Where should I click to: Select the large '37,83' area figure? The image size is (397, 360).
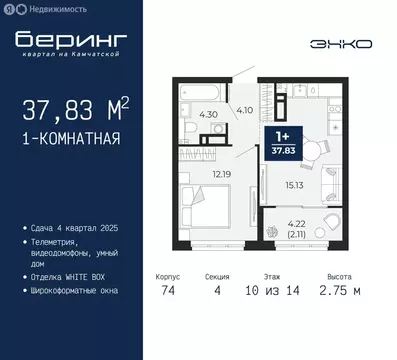(62, 109)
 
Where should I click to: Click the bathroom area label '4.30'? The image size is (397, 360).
(209, 115)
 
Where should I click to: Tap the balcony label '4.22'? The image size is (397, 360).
(293, 225)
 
